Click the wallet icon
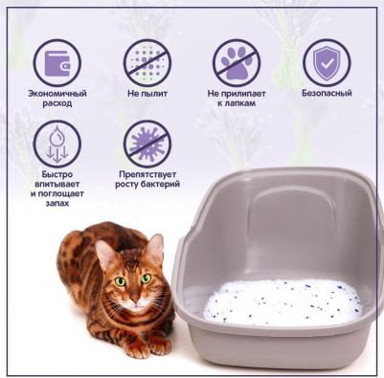coord(57,63)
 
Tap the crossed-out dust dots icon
coord(147,63)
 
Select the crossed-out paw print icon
coord(237,63)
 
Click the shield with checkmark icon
coord(327,63)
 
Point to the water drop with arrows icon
coord(57,144)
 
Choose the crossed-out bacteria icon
coord(147,144)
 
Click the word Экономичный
coord(57,94)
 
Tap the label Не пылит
coord(147,94)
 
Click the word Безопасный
coord(327,93)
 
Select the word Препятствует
coord(147,174)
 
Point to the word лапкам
coord(241,103)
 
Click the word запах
coord(57,203)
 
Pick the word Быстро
coord(57,174)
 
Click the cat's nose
coord(135,299)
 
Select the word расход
coord(57,103)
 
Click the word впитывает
coord(57,184)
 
